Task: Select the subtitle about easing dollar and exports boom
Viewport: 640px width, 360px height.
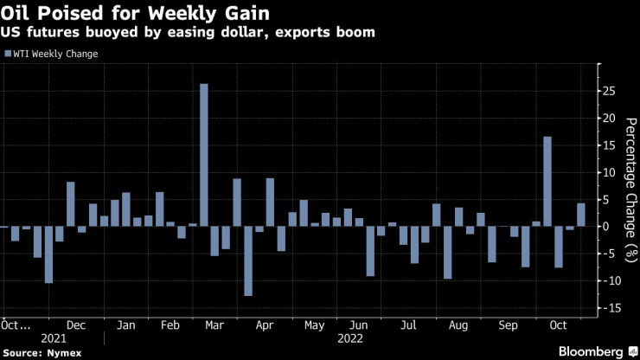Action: point(189,32)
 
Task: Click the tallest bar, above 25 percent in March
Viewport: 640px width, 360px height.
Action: point(204,155)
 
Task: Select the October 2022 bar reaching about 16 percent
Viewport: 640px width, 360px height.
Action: point(547,182)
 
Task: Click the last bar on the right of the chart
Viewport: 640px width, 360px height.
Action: point(580,215)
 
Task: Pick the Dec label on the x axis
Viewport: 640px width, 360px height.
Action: point(75,326)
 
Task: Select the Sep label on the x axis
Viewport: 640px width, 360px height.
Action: point(509,326)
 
